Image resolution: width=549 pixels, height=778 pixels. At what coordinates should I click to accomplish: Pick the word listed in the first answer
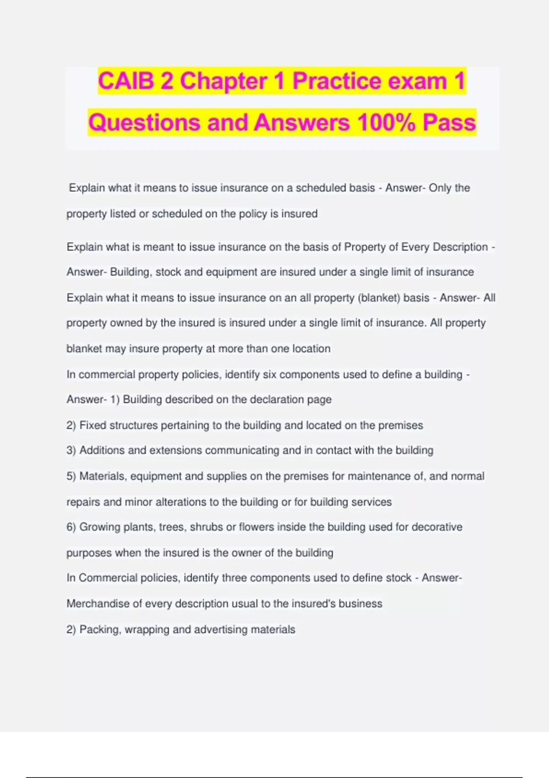(x=123, y=214)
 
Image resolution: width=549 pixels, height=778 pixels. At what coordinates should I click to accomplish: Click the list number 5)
(x=71, y=476)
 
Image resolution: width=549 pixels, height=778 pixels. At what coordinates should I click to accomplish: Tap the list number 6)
(x=71, y=527)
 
